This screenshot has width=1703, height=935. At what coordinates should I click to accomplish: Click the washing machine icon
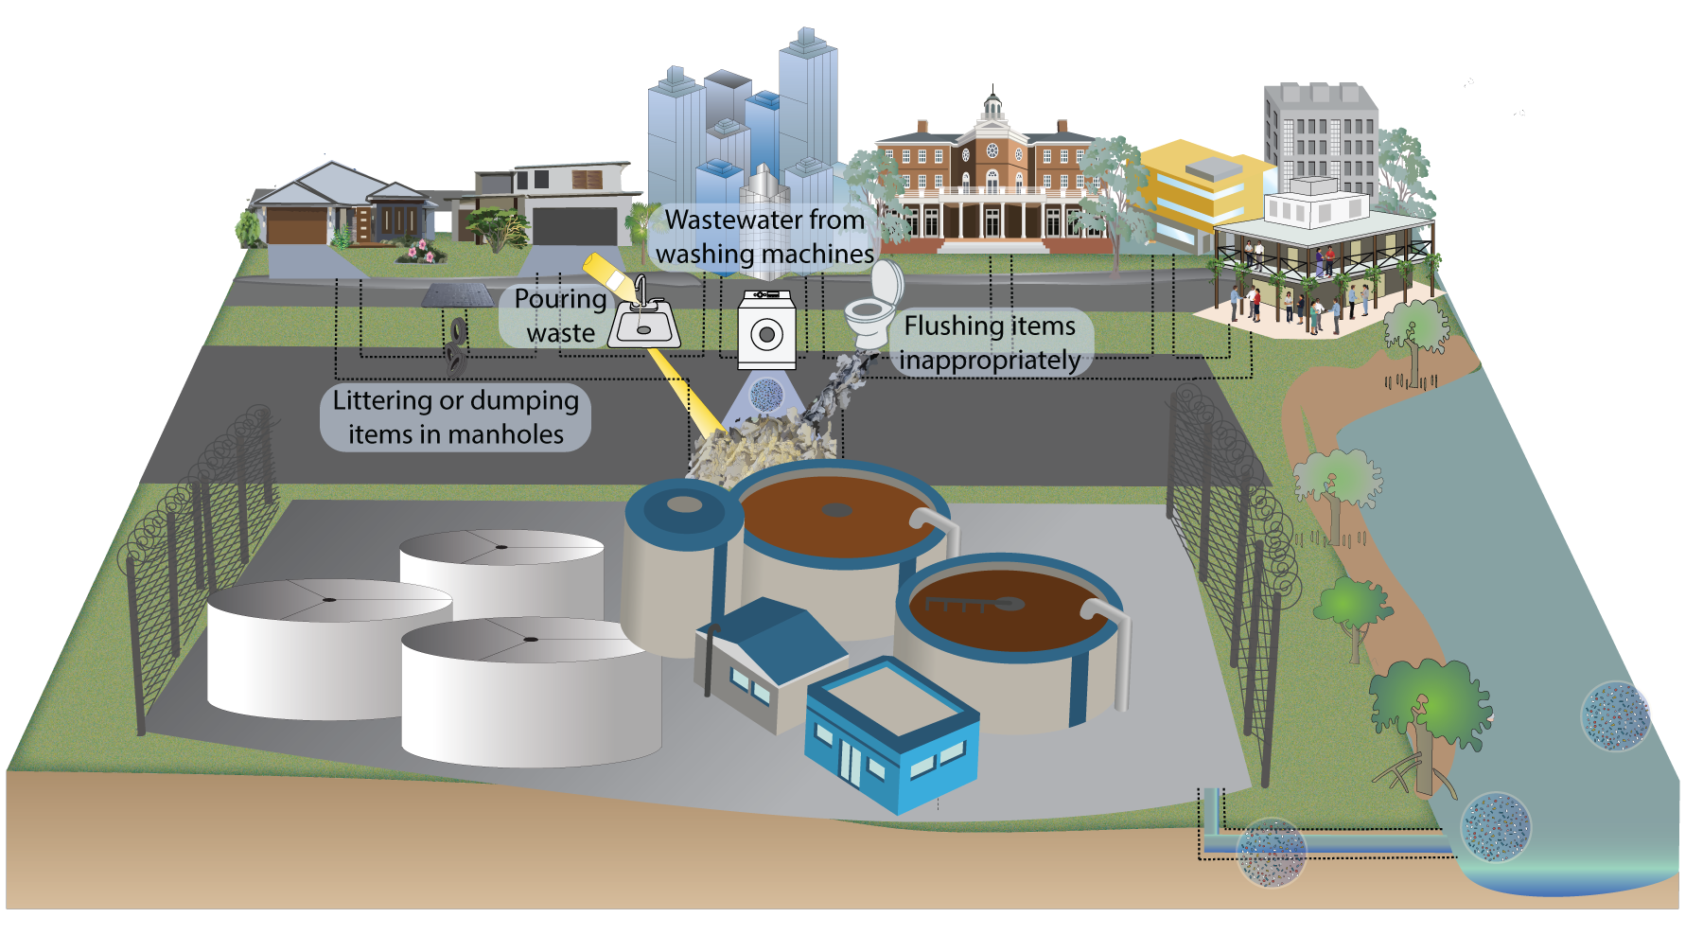click(766, 329)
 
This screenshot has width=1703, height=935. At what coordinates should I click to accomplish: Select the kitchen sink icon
click(644, 324)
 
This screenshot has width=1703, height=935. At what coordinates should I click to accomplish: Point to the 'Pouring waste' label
click(560, 315)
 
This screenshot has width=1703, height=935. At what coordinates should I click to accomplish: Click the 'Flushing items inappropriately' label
click(990, 343)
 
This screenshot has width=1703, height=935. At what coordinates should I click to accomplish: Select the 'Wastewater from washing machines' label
click(764, 237)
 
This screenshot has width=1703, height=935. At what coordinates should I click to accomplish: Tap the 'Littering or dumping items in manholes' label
click(455, 416)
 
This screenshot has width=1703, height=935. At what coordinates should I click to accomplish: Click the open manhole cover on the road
click(457, 295)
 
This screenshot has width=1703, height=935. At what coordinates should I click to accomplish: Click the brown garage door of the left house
click(296, 226)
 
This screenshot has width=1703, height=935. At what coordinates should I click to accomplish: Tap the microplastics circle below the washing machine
click(765, 394)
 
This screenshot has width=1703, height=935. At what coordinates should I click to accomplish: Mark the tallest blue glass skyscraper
click(807, 104)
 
